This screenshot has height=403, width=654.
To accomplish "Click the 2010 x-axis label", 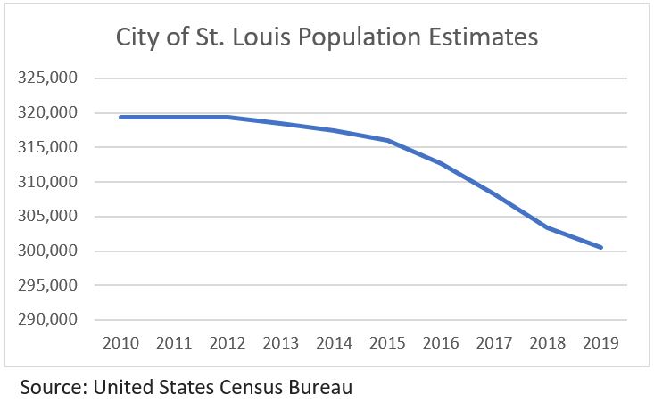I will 120,343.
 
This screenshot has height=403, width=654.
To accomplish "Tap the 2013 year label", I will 281,343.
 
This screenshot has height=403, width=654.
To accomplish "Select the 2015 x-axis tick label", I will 388,343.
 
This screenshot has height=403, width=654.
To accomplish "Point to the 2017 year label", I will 495,343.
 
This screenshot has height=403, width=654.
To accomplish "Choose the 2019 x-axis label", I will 603,343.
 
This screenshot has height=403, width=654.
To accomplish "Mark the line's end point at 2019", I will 602,248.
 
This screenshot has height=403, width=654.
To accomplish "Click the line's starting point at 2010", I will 120,117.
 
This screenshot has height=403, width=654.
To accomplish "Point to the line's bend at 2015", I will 388,141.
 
